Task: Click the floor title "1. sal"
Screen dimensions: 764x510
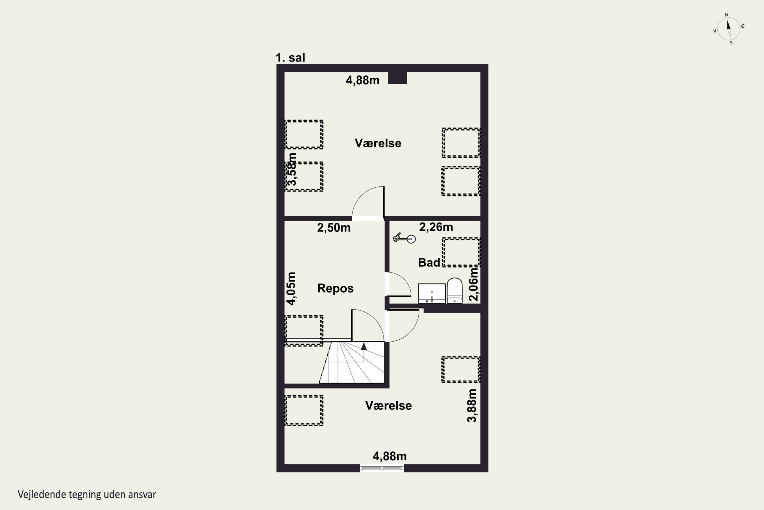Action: (290, 58)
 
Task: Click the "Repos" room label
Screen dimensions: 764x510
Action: (335, 288)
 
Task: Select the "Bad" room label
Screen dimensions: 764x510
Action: (429, 262)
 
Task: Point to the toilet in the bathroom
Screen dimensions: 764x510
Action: (454, 290)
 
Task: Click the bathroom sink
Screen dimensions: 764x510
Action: (432, 293)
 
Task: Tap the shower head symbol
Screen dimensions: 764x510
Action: (404, 238)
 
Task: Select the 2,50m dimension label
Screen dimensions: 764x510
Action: (334, 228)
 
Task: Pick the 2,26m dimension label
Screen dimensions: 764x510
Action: (436, 227)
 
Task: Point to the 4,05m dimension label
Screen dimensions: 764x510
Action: (291, 288)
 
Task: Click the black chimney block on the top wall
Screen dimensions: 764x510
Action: (397, 78)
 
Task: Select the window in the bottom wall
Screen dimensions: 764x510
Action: (382, 468)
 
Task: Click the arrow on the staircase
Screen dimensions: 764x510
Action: (364, 346)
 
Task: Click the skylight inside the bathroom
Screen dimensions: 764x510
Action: (461, 252)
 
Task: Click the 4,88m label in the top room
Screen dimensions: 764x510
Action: (362, 80)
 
